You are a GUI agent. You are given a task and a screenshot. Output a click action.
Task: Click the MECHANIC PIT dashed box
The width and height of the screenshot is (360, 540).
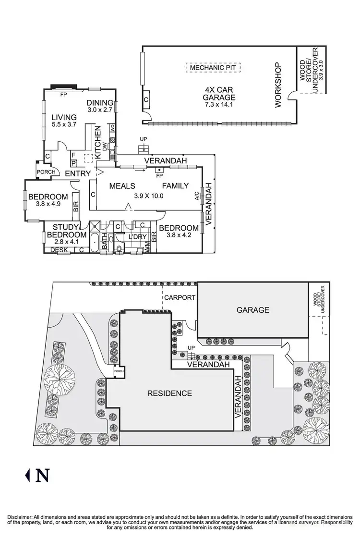point(213,68)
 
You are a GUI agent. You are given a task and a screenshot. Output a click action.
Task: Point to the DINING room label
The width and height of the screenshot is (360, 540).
point(100,102)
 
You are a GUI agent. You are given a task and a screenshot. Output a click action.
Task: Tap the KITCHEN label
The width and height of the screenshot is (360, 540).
point(98,142)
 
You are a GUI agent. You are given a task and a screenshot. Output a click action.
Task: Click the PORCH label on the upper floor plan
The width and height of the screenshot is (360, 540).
point(46,172)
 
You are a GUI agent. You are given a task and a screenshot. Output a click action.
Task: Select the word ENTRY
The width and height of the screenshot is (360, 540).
point(78,173)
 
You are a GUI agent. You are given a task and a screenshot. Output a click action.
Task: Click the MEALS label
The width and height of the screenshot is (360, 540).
point(121,186)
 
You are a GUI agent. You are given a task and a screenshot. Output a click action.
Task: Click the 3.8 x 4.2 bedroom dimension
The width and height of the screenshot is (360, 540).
point(179,235)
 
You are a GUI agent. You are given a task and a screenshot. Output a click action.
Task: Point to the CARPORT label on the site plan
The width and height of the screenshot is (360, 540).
point(180,297)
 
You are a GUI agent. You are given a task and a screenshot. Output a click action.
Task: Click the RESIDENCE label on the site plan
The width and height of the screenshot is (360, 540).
point(169,393)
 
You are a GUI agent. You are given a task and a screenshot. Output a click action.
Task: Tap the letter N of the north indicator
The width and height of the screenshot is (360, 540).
point(42,476)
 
